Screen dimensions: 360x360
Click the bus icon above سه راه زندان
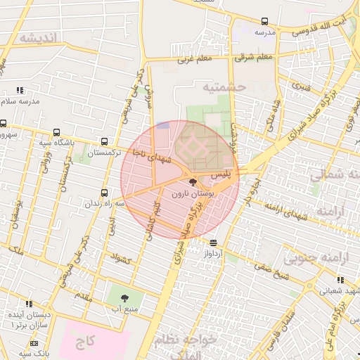pyautogui.click(x=105, y=193)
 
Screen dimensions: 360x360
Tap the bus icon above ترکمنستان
pyautogui.click(x=105, y=141)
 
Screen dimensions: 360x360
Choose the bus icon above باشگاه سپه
pyautogui.click(x=56, y=132)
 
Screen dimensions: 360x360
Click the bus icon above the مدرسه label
pyautogui.click(x=265, y=22)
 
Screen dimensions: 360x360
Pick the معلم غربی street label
pyautogui.click(x=195, y=59)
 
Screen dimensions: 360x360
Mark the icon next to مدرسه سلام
pyautogui.click(x=20, y=90)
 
